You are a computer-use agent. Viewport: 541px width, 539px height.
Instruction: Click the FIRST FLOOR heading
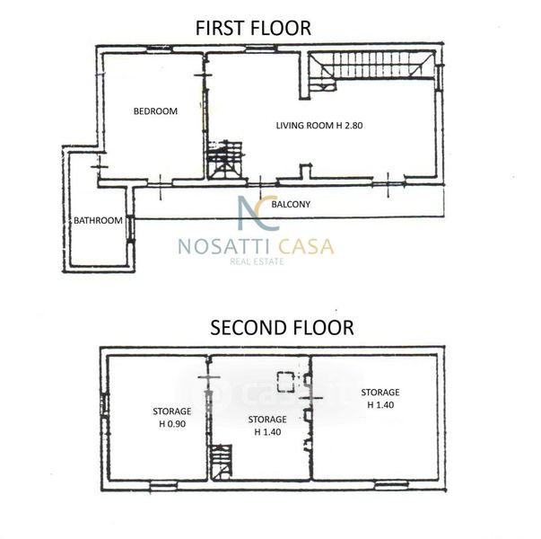[x=253, y=29]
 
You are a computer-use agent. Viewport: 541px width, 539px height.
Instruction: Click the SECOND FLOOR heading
[x=282, y=328]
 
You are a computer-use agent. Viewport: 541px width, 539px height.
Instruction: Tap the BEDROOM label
[x=155, y=111]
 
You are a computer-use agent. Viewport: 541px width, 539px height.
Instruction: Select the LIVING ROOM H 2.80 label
[x=319, y=126]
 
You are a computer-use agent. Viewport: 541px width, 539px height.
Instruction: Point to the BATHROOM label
[x=98, y=220]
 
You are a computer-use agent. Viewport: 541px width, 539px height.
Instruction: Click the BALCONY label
[x=291, y=204]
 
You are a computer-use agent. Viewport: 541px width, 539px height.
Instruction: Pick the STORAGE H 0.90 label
[x=172, y=418]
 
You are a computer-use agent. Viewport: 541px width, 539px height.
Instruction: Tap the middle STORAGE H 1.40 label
[x=267, y=425]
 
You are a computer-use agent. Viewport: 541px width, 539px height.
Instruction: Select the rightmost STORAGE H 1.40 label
[x=380, y=398]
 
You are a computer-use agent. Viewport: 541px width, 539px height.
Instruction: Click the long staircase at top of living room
[x=371, y=67]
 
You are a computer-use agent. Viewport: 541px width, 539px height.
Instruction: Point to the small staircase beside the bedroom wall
[x=225, y=160]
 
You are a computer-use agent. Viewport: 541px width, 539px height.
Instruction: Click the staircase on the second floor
[x=222, y=463]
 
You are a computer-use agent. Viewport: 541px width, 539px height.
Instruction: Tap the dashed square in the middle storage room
[x=286, y=382]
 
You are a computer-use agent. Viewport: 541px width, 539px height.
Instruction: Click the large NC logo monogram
[x=258, y=213]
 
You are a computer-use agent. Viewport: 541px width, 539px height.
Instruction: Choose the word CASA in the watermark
[x=306, y=247]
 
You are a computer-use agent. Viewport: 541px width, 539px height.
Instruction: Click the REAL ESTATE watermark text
[x=257, y=261]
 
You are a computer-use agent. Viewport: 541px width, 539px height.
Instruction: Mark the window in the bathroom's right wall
[x=130, y=229]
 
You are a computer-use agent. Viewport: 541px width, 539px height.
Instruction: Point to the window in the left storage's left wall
[x=104, y=404]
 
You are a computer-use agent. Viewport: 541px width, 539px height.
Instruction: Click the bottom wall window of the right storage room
[x=392, y=485]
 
